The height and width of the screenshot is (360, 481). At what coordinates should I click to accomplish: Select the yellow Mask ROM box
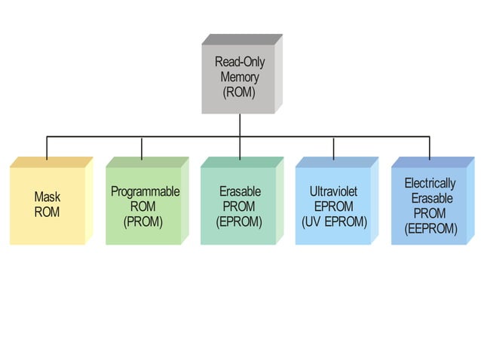coord(47,205)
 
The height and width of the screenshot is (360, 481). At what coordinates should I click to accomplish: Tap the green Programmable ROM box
coord(143,205)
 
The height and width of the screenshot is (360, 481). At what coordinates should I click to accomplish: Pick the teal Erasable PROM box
coord(238,205)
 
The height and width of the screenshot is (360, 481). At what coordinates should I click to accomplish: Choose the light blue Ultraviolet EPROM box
coord(333,205)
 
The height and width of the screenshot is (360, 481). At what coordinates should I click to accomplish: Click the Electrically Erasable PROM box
coord(429,205)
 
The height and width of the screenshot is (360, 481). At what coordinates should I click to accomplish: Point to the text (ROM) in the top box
coord(239,93)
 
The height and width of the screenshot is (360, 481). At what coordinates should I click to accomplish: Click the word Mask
coord(47,197)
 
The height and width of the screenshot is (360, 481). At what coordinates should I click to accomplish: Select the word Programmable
coord(145,191)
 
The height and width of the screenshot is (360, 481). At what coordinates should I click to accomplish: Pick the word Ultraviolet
coord(334,191)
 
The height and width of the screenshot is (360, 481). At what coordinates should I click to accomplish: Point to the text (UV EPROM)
coord(334,221)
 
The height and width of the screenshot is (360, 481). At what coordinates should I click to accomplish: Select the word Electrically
coord(430,183)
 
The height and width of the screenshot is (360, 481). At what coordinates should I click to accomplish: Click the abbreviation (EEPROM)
coord(430,229)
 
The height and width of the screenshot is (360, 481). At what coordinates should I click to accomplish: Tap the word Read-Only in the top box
coord(239,62)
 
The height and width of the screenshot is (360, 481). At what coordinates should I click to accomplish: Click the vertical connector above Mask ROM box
coord(47,148)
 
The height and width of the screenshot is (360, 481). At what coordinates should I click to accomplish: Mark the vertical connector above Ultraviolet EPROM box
coord(334,148)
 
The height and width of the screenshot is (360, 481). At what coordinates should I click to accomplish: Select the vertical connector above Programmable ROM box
coord(142,148)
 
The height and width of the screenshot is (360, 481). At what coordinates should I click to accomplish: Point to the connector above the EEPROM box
coord(430,148)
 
